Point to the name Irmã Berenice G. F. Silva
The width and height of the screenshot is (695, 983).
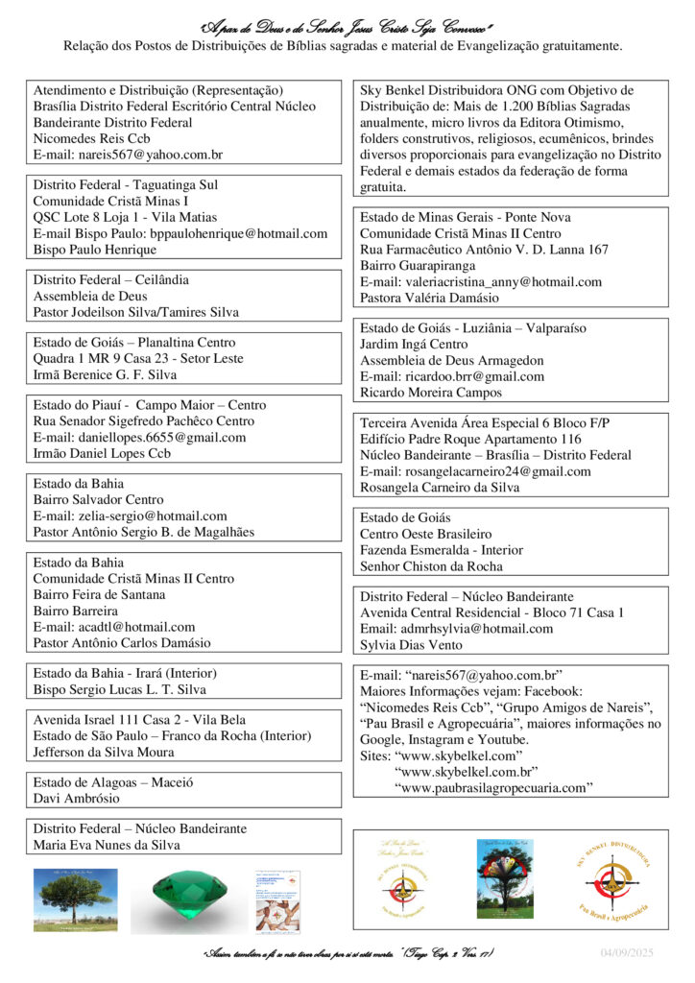click(x=105, y=374)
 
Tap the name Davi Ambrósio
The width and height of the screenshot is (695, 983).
click(x=77, y=799)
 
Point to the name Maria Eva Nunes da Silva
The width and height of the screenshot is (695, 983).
click(x=107, y=846)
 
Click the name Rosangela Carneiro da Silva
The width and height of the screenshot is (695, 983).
click(x=440, y=487)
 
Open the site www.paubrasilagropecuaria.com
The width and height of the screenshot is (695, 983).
click(x=493, y=788)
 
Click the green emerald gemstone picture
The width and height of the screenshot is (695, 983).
click(x=189, y=899)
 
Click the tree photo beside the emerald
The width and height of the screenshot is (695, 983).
click(x=76, y=899)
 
